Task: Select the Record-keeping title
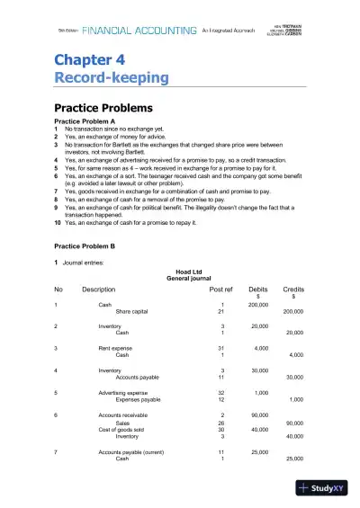[x=111, y=78]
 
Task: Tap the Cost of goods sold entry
[x=122, y=429]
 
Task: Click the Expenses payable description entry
[x=139, y=399]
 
